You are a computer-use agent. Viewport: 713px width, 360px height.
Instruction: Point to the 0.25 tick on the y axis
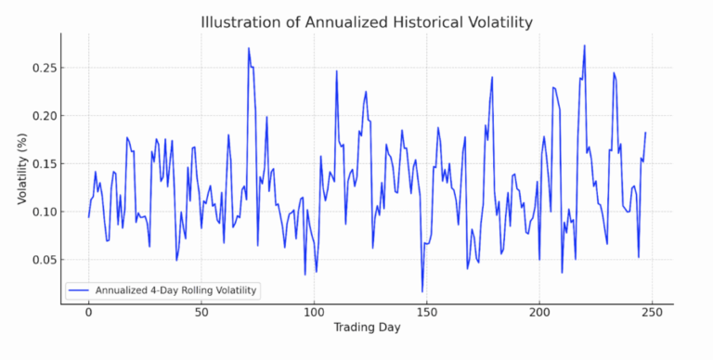45,68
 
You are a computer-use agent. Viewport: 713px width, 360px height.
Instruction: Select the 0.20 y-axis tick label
45,116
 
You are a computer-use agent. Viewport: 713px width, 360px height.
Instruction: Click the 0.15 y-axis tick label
45,164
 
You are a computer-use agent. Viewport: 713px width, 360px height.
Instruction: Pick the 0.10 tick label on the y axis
45,212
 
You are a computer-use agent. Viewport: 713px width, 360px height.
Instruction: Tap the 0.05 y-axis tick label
45,260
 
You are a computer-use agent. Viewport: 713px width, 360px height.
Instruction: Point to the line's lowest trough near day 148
422,292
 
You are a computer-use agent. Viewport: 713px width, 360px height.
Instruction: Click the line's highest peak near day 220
584,45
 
